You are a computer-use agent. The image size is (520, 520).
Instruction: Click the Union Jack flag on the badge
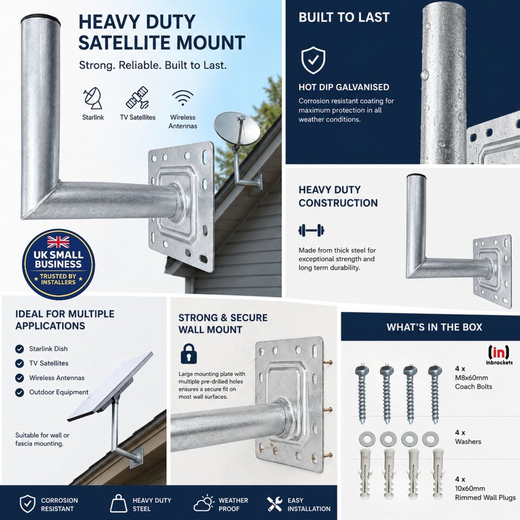[58, 242]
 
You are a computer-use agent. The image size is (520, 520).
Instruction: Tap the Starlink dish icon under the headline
[93, 99]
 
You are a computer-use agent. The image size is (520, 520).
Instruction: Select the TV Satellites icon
[137, 98]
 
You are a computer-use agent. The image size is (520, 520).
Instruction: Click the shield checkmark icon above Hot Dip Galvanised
[313, 60]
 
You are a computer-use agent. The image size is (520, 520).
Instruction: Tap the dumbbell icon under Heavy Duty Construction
[311, 230]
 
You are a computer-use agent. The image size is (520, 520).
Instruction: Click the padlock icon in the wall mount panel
[188, 354]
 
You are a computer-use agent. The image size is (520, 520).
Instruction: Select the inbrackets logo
[499, 355]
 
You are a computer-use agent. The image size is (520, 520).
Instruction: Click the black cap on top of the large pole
[41, 21]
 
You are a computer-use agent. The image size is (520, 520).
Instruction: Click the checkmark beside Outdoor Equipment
[19, 393]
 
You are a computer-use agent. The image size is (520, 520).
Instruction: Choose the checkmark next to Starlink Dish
[19, 349]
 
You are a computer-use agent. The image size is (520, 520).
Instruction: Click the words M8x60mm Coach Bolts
[473, 382]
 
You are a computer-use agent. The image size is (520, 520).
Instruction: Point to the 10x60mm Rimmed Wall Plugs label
[485, 493]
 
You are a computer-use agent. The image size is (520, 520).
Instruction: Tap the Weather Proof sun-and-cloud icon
[204, 503]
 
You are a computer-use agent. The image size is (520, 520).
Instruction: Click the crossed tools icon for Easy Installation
[275, 504]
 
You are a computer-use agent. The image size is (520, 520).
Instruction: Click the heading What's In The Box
[434, 327]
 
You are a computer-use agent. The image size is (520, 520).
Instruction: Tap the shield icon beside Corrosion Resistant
[28, 504]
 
